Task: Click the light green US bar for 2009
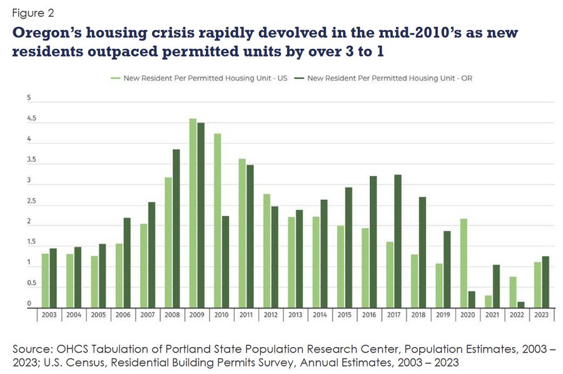(x=193, y=213)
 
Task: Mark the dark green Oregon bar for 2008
(x=176, y=229)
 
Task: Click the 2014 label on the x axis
(x=320, y=315)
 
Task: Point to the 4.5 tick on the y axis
(x=32, y=119)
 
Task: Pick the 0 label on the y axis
(x=29, y=305)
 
